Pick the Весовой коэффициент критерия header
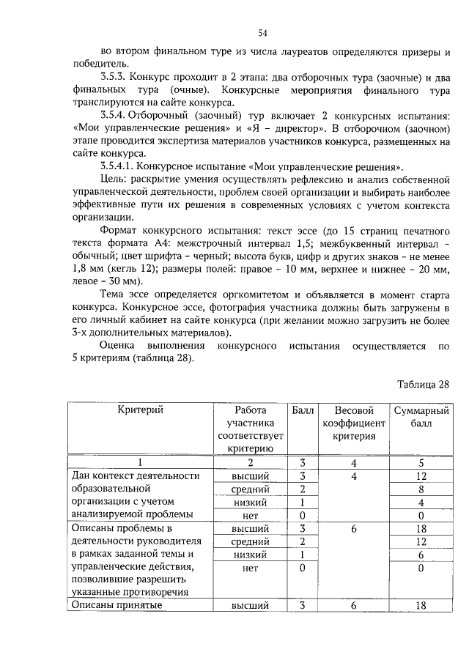coord(355,423)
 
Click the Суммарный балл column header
coord(421,417)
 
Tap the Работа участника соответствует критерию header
coord(250,430)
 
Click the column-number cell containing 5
coord(421,463)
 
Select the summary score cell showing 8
coord(421,489)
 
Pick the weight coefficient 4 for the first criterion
coord(354,476)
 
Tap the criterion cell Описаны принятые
coord(120,605)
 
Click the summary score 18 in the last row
coord(421,605)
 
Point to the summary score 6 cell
coord(421,555)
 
